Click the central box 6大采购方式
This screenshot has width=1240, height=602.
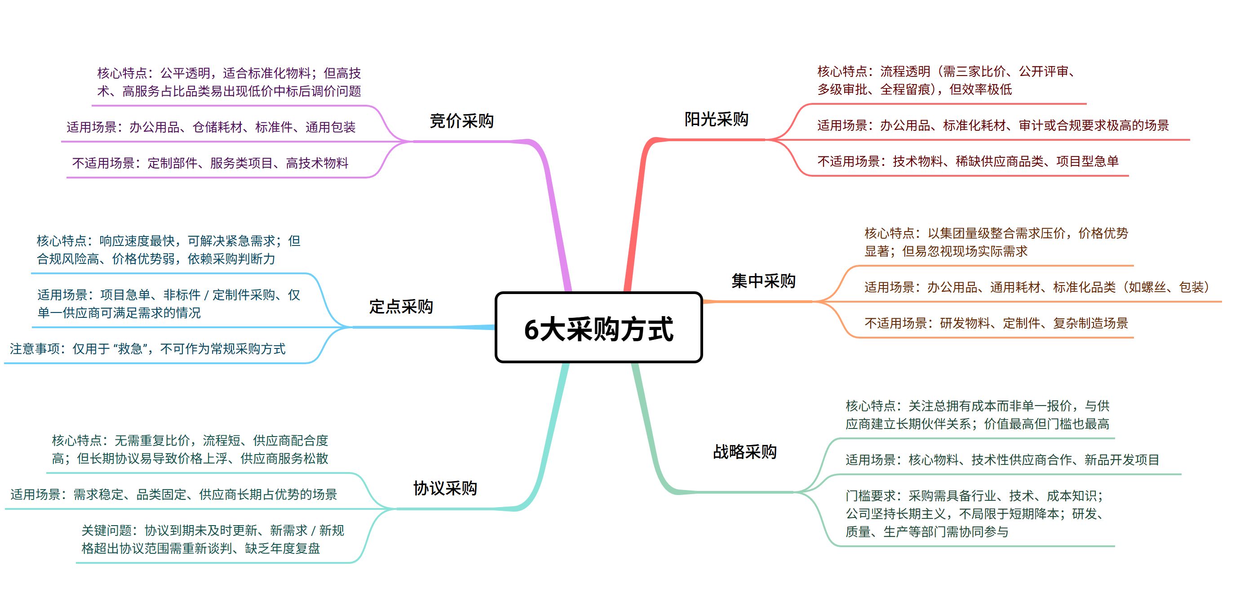click(598, 327)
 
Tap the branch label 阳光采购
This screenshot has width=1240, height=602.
click(716, 119)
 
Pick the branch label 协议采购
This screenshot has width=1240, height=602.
click(445, 488)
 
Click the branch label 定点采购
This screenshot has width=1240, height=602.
click(400, 306)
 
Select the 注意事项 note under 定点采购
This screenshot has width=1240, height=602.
click(147, 349)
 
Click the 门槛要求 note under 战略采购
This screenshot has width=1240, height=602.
click(975, 513)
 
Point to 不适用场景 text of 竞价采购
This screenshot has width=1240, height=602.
click(210, 163)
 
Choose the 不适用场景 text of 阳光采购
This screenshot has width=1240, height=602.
click(968, 161)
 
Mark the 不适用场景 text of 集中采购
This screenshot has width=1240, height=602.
click(996, 323)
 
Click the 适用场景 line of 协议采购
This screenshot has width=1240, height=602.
click(173, 495)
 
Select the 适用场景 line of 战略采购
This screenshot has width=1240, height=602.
click(1002, 460)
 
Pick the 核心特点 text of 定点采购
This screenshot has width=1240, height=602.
click(168, 250)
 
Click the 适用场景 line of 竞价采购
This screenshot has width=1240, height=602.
click(211, 127)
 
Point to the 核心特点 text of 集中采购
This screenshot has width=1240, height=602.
click(996, 242)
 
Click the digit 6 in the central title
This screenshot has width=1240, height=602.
click(531, 330)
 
